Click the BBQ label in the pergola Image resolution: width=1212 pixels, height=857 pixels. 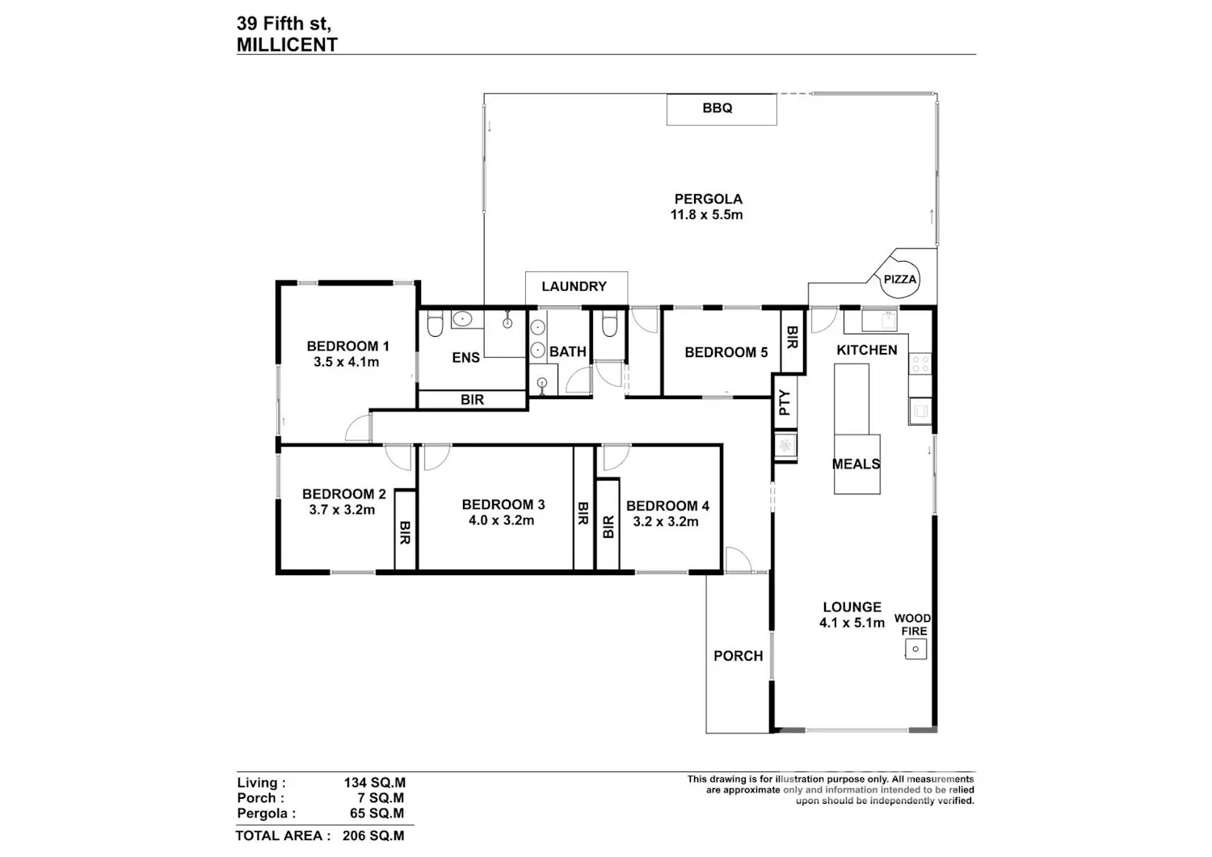pos(717,108)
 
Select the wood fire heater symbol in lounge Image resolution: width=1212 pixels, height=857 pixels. pos(915,649)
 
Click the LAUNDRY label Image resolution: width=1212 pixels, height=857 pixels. pos(574,286)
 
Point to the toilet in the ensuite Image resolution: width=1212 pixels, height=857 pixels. pos(435,325)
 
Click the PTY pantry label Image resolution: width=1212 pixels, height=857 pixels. pos(785,402)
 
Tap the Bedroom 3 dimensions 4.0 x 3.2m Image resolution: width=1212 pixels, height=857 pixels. pos(501,520)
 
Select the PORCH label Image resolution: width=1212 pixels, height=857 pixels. pos(738,656)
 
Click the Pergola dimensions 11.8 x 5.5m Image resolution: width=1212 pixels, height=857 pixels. pos(706,215)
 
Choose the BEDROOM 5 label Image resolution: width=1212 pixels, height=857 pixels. pos(726,352)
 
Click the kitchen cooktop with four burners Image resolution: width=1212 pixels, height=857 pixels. pos(920,363)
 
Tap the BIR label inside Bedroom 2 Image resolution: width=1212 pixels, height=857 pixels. pos(405,531)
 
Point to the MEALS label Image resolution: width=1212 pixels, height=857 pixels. pos(856,464)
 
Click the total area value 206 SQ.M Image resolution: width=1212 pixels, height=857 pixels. pos(373,835)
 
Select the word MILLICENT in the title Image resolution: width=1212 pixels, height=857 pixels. pos(288,45)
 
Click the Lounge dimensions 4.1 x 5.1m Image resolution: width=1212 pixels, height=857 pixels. pos(852,623)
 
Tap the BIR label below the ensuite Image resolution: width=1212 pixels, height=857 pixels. pos(473,400)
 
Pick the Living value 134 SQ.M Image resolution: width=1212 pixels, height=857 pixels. pos(374,783)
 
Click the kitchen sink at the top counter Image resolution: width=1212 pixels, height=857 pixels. pos(880,321)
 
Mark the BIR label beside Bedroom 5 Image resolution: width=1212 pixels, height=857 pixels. pos(792,337)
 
